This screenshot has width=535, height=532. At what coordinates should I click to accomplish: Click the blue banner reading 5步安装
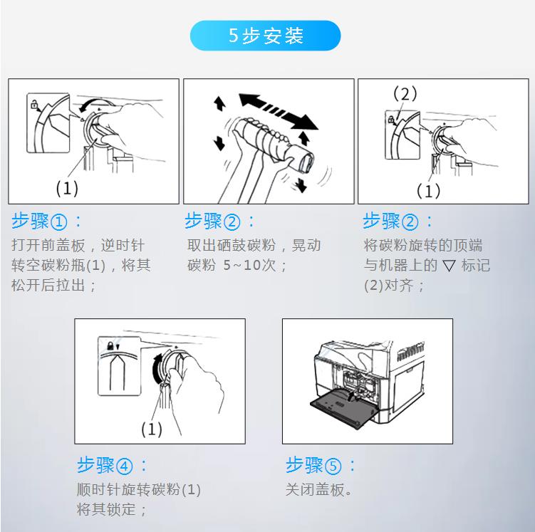pos(265,36)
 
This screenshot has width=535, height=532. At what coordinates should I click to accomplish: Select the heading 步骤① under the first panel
pos(40,221)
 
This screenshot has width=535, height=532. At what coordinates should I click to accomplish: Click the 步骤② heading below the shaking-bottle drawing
pos(212,221)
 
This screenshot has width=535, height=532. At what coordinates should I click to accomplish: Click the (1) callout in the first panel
pos(67,188)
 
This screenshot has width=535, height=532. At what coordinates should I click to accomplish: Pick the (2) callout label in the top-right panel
pos(405,93)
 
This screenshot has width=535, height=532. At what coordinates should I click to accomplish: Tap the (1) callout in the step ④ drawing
pos(152,429)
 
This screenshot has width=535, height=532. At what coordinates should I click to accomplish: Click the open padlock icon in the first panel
pos(34,104)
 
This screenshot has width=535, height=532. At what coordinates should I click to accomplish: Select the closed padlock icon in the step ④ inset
pos(110,346)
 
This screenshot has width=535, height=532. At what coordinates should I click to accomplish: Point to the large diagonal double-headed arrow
pos(279,112)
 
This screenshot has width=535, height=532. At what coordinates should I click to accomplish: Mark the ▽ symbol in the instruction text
pos(449,266)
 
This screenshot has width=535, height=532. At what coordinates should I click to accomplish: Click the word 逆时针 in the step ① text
pos(123,245)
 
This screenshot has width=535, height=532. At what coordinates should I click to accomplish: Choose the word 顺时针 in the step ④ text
pos(98,490)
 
